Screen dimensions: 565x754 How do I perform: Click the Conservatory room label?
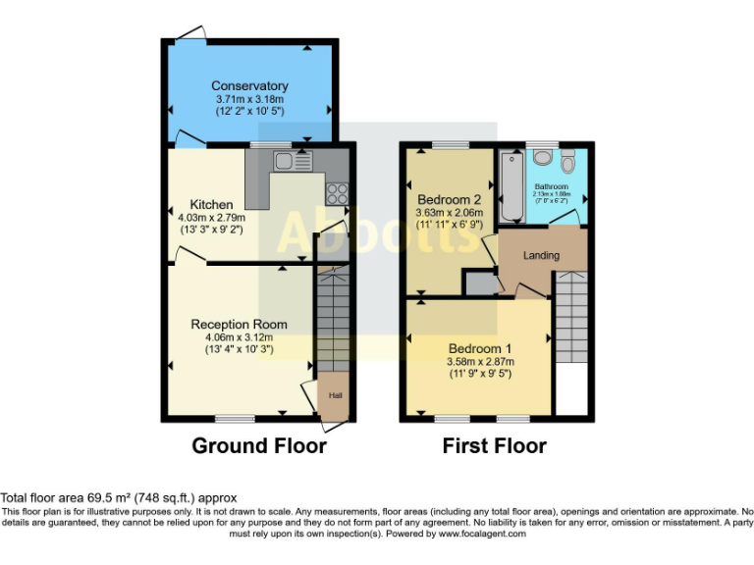point(249,86)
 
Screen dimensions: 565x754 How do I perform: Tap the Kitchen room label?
point(212,205)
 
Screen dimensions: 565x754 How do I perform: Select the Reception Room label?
point(239,324)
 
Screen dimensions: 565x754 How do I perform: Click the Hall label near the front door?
point(335,395)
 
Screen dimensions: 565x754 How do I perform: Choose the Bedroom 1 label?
point(480,348)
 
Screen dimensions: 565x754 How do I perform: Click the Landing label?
point(541,255)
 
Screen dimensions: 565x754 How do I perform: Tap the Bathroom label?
point(551,186)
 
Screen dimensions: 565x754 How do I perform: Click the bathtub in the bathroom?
point(510,185)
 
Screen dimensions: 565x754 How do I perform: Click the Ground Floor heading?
point(258,446)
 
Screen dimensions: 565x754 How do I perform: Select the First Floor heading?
point(494,446)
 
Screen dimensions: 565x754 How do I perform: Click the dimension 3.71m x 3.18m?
point(249,100)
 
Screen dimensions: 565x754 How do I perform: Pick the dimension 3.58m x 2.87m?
point(481,361)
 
